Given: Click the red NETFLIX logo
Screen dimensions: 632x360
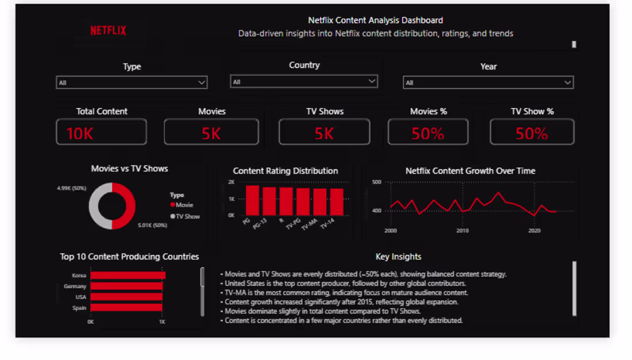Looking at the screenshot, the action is tap(108, 30).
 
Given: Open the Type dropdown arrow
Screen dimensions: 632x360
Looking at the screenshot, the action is tap(202, 83).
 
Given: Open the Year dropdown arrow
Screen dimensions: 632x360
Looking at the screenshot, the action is tap(568, 83).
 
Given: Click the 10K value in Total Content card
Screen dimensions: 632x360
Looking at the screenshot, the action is tap(80, 133).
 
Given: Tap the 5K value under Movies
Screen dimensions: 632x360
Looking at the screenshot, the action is tap(211, 133).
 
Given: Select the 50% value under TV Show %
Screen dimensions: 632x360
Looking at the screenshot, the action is tap(531, 133).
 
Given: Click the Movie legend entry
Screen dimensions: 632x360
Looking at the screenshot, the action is tap(182, 205).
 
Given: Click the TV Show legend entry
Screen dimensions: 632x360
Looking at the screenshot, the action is tap(185, 216).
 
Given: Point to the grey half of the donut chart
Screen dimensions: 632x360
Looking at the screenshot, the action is tap(94, 206).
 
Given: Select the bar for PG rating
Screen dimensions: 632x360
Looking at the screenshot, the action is tap(252, 200).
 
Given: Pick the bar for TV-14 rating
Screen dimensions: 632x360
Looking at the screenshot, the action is tap(337, 202).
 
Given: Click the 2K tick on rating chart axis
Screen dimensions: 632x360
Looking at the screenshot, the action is tap(232, 182).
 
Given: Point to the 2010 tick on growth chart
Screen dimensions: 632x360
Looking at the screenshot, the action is tap(463, 231).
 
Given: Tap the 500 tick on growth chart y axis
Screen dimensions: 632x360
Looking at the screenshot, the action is tap(376, 182).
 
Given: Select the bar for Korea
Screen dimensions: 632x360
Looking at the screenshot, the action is tap(128, 276).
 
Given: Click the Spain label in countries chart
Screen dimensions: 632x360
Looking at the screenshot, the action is tap(79, 308).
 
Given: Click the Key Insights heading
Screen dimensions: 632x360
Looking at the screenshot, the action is tap(398, 257).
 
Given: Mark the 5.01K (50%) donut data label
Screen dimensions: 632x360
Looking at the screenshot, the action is tap(152, 225).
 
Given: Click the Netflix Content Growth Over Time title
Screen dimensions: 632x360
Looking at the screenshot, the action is tap(471, 171).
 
